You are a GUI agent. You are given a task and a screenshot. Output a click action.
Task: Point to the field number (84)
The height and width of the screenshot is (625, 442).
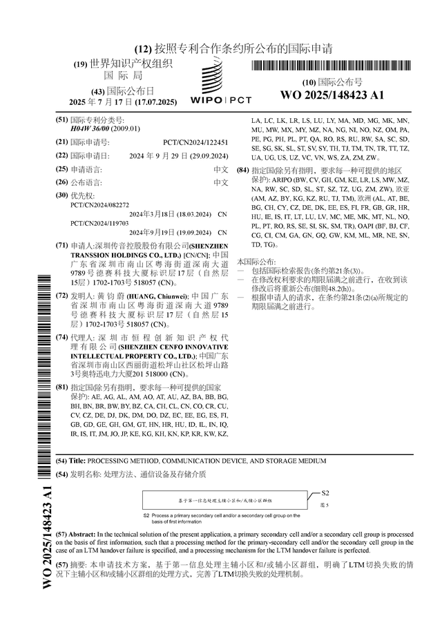tap(242, 170)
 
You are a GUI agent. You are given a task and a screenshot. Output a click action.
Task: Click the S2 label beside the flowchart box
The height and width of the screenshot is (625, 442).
tap(326, 493)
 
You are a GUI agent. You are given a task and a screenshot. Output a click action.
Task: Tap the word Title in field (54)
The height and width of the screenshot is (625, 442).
tap(77, 460)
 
